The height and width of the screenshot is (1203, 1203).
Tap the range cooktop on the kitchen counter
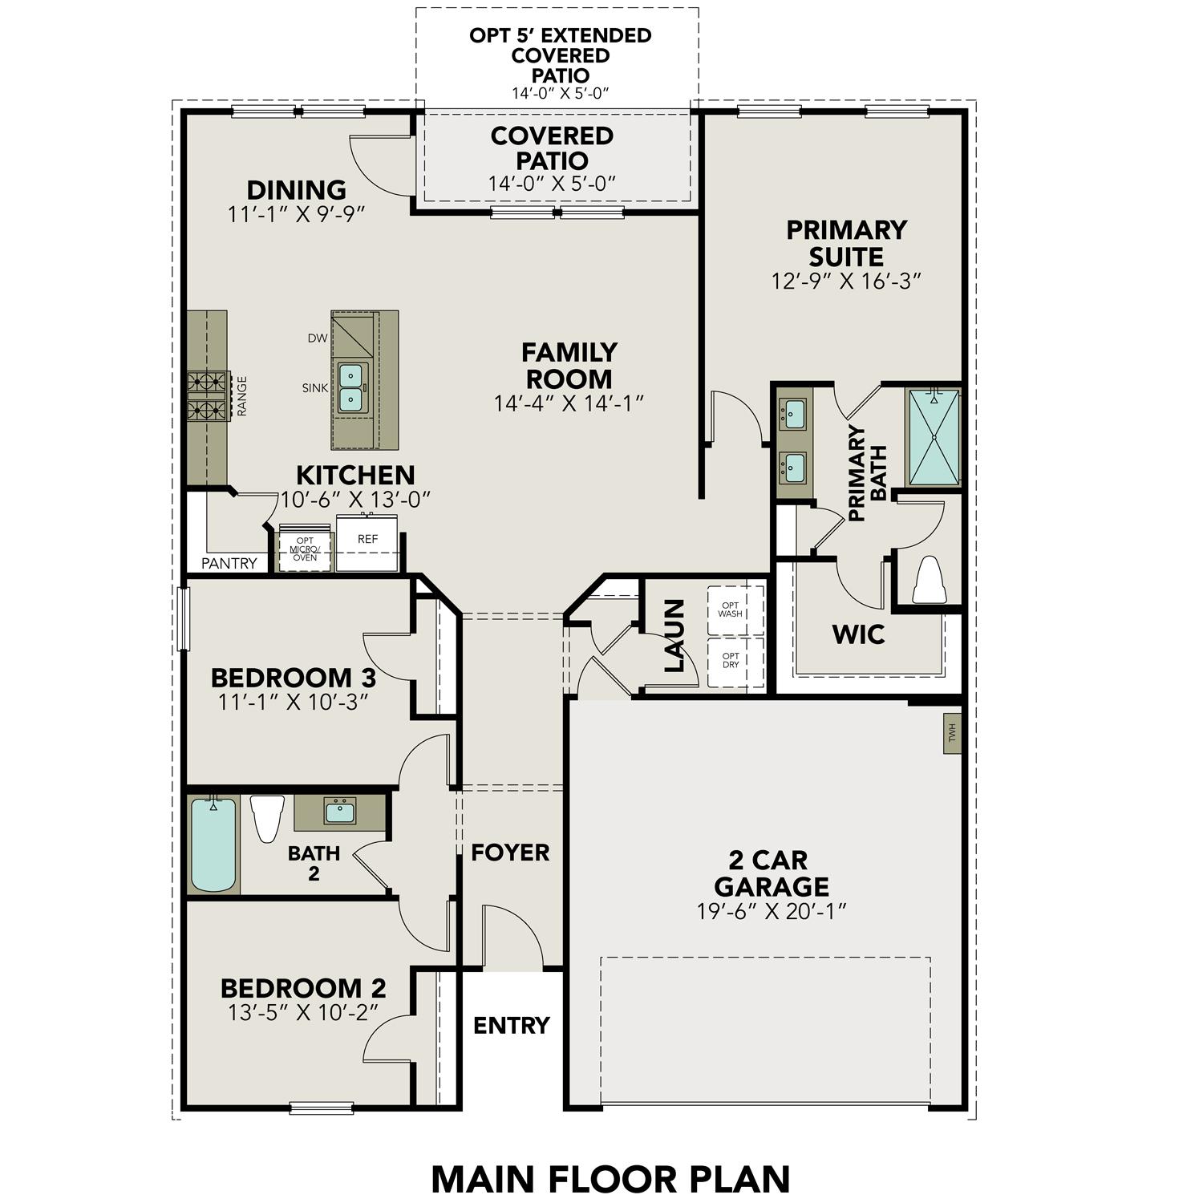point(208,396)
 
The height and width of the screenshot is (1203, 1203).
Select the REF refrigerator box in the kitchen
point(367,543)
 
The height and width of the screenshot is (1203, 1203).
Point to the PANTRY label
point(229,563)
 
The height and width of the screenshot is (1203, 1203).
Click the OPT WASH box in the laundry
point(731,610)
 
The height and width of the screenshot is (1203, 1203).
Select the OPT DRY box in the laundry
point(731,661)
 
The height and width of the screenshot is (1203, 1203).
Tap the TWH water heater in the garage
point(952,733)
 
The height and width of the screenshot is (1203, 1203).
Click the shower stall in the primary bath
point(934,437)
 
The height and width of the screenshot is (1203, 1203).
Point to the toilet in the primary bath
point(930,579)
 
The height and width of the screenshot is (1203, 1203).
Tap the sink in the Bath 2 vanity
point(340,811)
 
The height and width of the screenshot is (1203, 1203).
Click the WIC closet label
point(858,634)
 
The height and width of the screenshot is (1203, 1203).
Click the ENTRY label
point(511,1025)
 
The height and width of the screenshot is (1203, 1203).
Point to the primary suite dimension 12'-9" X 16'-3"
point(846,282)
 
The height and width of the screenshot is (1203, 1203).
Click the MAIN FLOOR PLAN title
point(610,1179)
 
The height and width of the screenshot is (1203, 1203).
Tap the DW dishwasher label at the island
point(318,338)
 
